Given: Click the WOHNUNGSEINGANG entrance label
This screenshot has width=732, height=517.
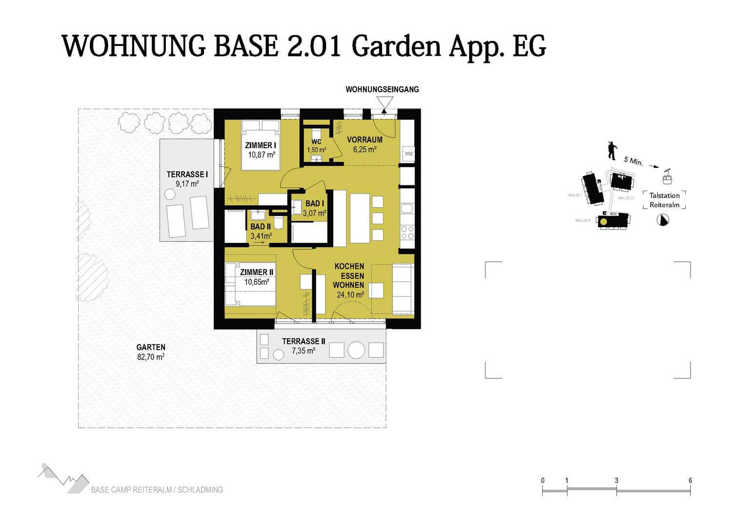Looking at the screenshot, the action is point(382,89).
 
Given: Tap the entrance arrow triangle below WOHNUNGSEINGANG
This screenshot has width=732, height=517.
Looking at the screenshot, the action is point(385,104).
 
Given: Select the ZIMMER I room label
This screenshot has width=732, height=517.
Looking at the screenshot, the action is point(261,145).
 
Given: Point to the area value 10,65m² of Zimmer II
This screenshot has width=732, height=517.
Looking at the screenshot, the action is point(257,282).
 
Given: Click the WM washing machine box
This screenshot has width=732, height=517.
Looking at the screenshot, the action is point(408,154).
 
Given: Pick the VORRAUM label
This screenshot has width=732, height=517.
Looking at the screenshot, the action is point(365,140).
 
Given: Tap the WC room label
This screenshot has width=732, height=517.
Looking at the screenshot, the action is point(316,142).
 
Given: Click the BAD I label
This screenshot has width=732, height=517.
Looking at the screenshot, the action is point(314,203).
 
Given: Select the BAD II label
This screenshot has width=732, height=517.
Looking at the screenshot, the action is point(261,227).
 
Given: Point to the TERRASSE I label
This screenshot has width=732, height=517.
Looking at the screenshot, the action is point(187,175).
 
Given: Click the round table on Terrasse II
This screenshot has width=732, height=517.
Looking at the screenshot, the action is point(356,350).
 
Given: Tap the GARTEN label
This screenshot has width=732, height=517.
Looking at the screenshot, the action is point(151,347).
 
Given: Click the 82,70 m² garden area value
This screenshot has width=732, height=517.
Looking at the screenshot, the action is point(151,357).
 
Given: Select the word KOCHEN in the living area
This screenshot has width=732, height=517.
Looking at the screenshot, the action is point(349,266).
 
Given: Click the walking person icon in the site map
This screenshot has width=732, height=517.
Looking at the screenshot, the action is point(612,151).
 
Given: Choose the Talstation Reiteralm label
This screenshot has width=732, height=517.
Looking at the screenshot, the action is point(664,200).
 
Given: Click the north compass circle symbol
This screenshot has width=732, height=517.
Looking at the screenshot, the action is point(663,220).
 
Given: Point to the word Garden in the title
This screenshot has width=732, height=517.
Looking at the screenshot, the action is point(396,46).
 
